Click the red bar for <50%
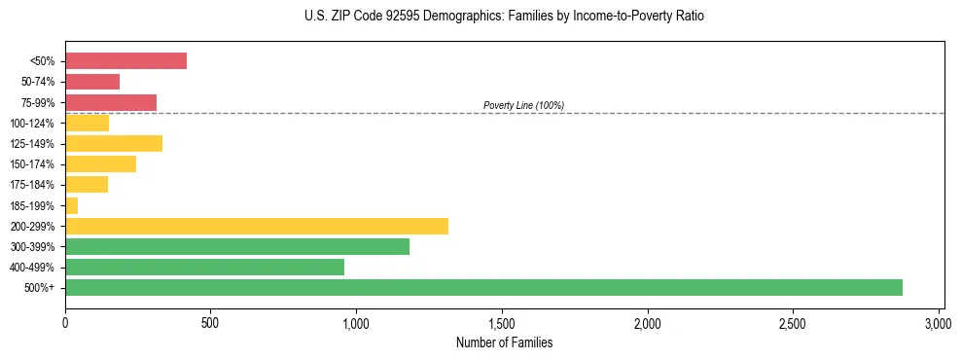click(x=125, y=61)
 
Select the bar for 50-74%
click(x=92, y=82)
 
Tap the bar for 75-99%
click(x=111, y=102)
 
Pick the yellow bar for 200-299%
click(x=257, y=226)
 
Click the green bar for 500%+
click(x=483, y=287)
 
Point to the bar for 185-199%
click(x=71, y=205)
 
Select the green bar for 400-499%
click(x=204, y=267)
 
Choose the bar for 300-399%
click(x=237, y=246)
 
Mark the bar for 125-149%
click(x=114, y=144)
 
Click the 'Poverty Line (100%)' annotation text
click(x=523, y=105)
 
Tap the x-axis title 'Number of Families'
click(x=504, y=342)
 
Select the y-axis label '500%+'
click(x=41, y=288)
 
